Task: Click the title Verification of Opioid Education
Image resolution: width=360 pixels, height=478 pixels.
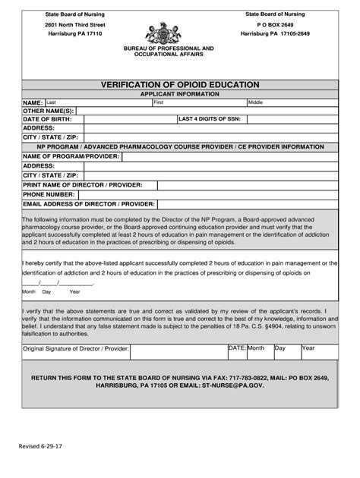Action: point(180,84)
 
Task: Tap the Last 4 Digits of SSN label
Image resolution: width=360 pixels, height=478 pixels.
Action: point(210,119)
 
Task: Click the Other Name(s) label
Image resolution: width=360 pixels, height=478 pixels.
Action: point(49,111)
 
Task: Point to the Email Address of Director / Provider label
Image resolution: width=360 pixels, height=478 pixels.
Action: point(89,204)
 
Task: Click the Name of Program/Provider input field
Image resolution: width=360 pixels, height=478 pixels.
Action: point(228,156)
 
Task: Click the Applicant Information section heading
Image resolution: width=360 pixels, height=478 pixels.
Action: point(179,93)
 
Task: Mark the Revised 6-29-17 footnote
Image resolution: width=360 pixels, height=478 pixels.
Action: point(45,447)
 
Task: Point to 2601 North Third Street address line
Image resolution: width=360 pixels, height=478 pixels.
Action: point(74,24)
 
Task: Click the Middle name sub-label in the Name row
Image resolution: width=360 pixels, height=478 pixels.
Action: point(256,102)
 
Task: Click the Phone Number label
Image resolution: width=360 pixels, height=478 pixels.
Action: point(49,194)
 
